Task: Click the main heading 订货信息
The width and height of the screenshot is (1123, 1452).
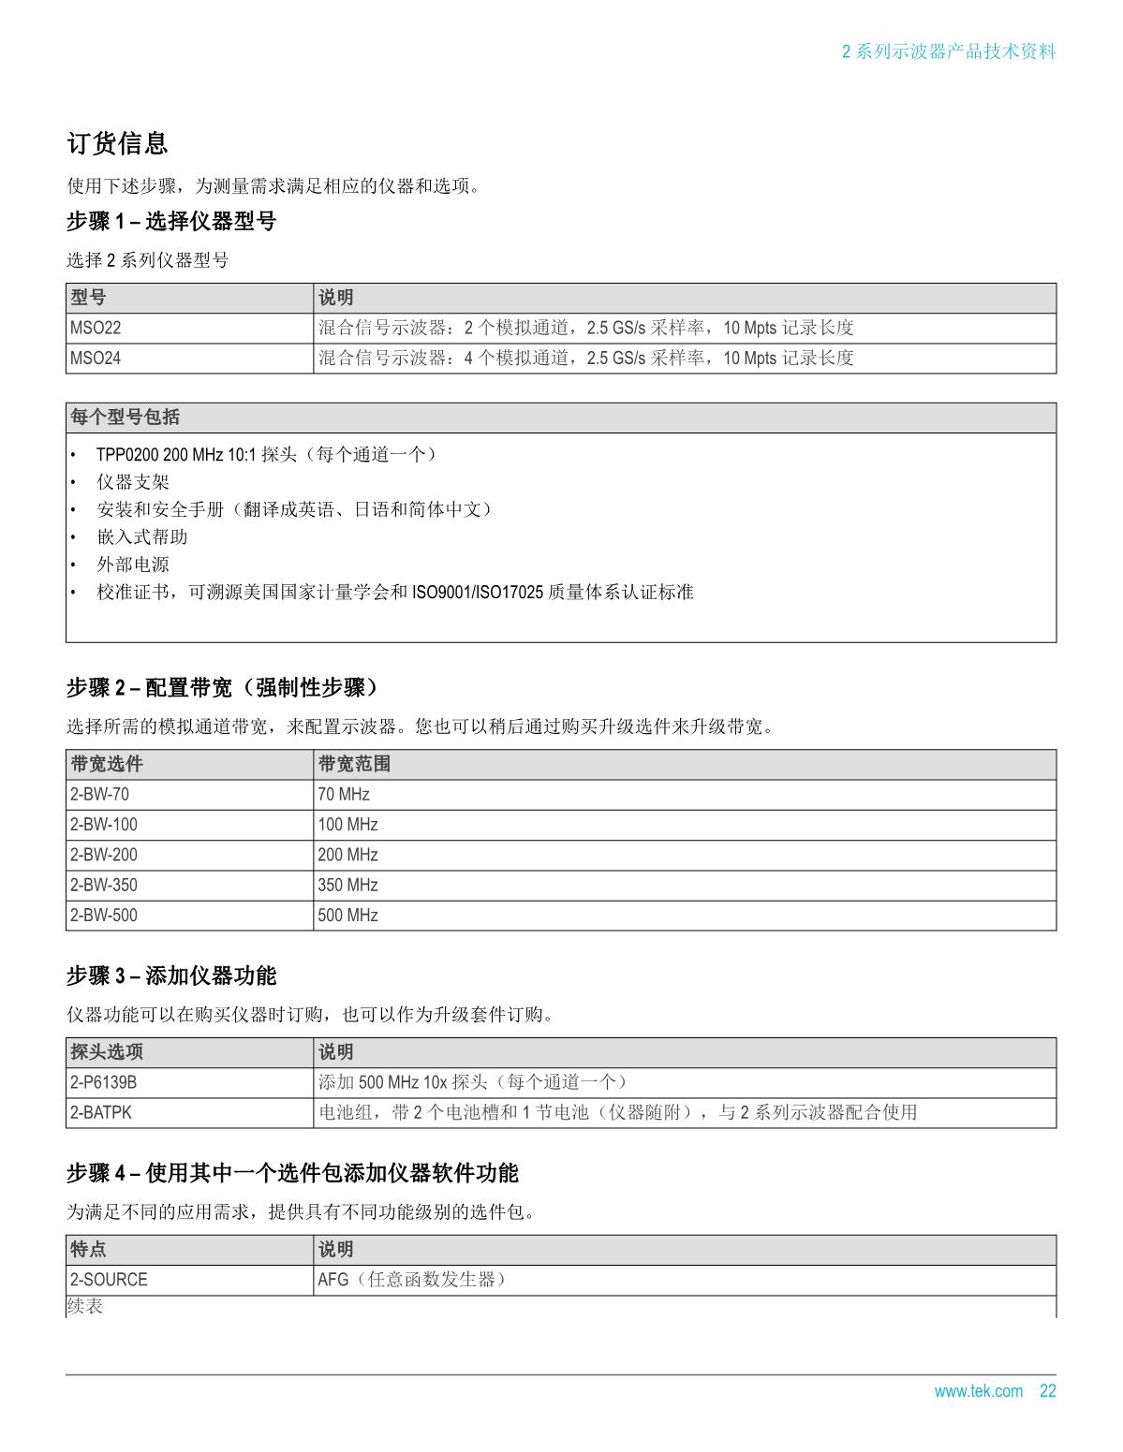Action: [117, 143]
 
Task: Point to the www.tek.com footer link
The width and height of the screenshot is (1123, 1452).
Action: [978, 1391]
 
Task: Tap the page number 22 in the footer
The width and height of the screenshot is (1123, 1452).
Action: [1047, 1391]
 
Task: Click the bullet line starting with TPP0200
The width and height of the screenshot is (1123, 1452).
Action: [266, 455]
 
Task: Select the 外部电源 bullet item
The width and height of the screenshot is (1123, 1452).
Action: [133, 565]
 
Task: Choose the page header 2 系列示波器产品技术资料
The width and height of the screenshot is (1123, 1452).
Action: [949, 51]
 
